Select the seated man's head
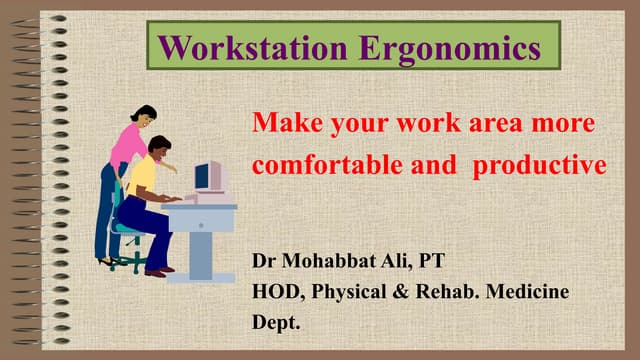pyautogui.click(x=161, y=146)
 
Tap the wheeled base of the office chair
pyautogui.click(x=127, y=262)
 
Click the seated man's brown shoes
pyautogui.click(x=157, y=269)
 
